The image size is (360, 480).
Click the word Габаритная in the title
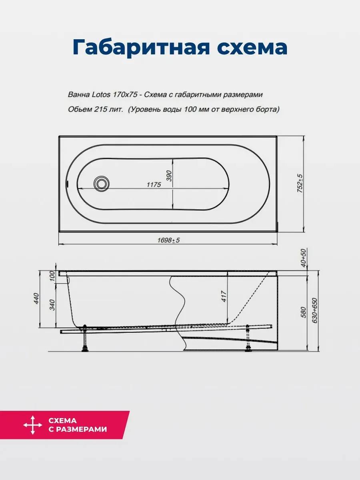141,48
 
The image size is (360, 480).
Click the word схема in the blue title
252,48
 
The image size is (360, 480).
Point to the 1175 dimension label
154,184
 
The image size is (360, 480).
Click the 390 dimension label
169,176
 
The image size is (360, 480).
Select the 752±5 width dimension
300,183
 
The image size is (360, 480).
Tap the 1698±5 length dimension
168,240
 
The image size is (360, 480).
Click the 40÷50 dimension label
304,258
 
